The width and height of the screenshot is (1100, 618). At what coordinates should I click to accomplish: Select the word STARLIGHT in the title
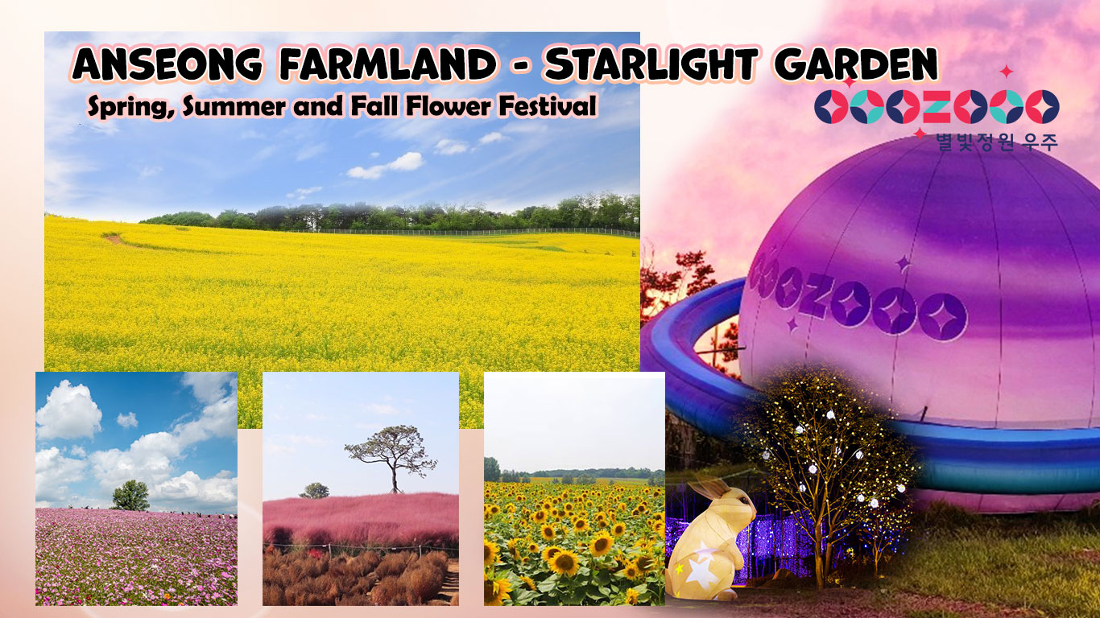click(651, 64)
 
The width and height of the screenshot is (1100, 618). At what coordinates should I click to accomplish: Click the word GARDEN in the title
click(856, 64)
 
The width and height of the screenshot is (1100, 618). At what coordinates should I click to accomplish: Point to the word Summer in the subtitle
click(234, 106)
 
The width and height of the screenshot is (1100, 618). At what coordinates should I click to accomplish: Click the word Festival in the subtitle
click(548, 105)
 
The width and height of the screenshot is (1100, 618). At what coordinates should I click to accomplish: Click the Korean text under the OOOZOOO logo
click(997, 142)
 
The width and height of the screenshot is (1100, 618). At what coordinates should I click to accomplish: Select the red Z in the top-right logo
click(937, 106)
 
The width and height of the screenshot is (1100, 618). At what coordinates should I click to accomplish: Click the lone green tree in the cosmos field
click(130, 495)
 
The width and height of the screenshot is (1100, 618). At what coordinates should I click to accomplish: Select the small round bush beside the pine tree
click(315, 490)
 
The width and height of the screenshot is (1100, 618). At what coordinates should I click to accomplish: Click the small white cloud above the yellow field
click(386, 166)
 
